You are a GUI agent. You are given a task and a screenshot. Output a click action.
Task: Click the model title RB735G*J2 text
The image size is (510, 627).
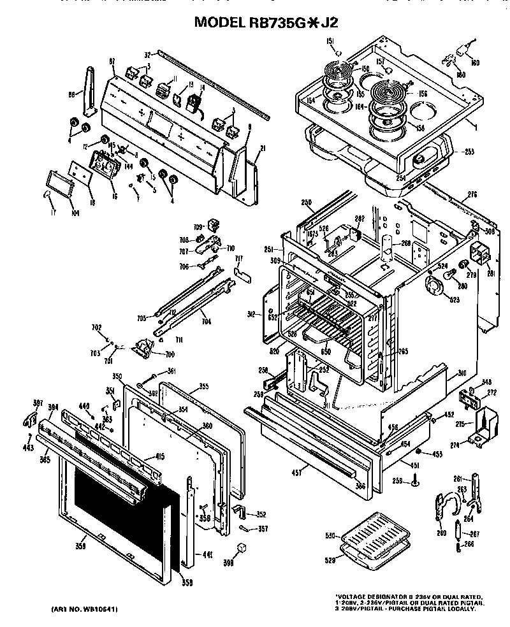(266, 22)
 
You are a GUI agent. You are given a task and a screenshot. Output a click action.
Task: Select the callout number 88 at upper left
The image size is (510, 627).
(72, 94)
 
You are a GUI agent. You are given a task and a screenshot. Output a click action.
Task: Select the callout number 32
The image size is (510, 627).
(147, 54)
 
